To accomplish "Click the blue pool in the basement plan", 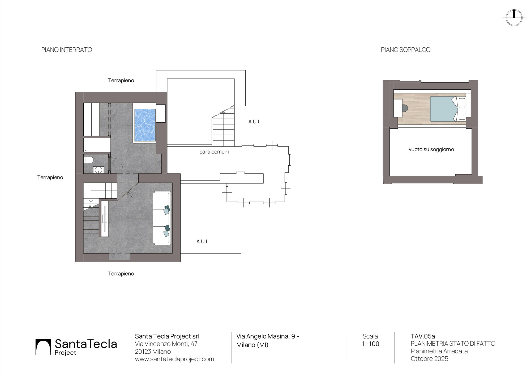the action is click(145, 125).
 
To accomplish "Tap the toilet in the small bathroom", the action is click(88, 160).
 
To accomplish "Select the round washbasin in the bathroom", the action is click(99, 170).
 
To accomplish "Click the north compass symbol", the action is click(514, 18).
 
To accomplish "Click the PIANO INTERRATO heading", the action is click(67, 50).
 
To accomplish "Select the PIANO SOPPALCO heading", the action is click(406, 50).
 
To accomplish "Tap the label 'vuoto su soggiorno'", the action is click(431, 149).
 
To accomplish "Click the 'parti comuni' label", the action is click(214, 152).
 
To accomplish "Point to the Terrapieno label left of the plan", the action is click(50, 177).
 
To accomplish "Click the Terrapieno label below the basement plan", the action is click(121, 274).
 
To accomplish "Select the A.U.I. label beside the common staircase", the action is click(254, 122).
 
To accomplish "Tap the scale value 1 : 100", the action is click(371, 344).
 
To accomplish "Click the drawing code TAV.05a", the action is click(423, 336).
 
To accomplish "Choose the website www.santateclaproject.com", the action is click(174, 359).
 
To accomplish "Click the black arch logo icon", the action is click(43, 347).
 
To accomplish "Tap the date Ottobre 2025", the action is click(429, 359).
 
